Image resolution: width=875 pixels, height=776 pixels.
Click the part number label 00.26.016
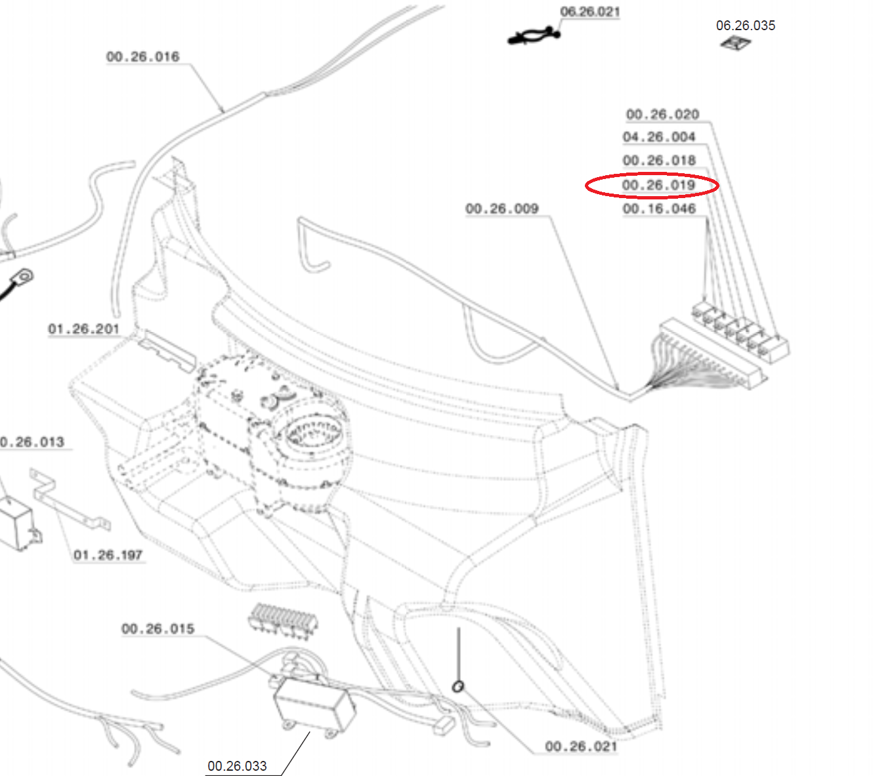pos(142,56)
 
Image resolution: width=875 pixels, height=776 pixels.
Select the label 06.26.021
pos(590,12)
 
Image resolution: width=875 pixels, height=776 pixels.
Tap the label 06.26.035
pos(746,26)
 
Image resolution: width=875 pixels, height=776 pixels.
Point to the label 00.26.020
pos(662,114)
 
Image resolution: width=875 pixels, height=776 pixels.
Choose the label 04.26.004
pos(659,137)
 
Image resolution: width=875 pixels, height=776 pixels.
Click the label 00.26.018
pos(659,161)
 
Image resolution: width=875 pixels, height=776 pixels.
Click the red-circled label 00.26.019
pos(658,185)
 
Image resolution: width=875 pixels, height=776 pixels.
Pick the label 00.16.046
pos(659,209)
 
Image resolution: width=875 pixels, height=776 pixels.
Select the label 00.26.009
pos(502,209)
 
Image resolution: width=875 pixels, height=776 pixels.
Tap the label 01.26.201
pos(83,329)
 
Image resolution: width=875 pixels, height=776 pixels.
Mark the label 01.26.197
pos(108,555)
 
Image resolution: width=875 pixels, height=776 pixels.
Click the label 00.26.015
pos(158,629)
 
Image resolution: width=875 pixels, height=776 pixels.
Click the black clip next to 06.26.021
pos(534,35)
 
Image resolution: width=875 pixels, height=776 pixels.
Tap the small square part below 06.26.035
pos(735,43)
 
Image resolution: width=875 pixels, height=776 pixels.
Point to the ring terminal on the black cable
pos(24,276)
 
